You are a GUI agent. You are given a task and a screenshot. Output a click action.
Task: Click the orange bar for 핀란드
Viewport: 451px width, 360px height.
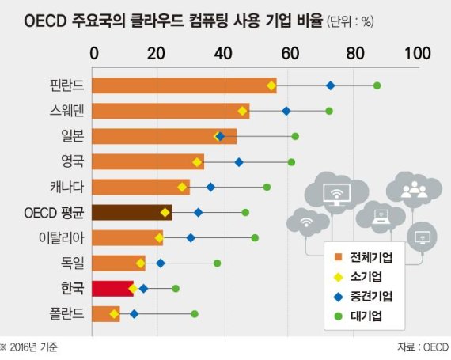(x=184, y=85)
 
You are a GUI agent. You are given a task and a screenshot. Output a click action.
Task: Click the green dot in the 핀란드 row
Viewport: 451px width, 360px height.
(x=377, y=85)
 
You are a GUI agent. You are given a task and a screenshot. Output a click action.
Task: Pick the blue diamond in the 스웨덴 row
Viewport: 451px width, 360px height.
(x=286, y=111)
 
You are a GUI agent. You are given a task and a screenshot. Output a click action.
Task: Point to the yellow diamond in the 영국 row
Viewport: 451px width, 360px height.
(x=197, y=161)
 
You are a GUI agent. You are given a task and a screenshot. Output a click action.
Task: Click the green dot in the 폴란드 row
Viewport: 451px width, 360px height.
(x=195, y=314)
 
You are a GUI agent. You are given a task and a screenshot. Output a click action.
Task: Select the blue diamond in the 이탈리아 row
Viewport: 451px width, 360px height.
(x=191, y=237)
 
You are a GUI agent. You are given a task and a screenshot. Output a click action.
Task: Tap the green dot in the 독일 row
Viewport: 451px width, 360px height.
(x=217, y=263)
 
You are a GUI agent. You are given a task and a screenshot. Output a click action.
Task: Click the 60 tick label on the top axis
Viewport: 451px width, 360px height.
(x=287, y=54)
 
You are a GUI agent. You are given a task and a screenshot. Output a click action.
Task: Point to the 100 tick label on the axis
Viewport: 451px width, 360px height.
(x=415, y=54)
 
